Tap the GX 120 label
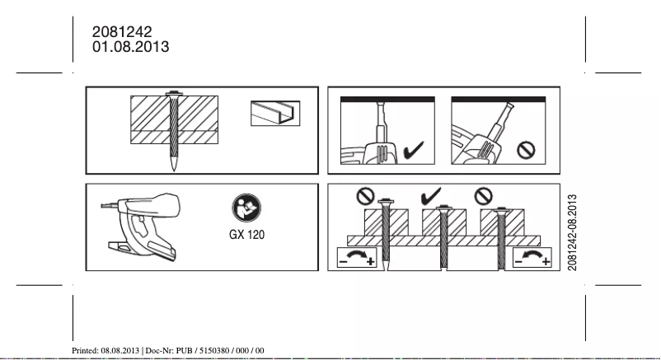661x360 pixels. click(247, 233)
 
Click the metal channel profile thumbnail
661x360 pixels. click(275, 113)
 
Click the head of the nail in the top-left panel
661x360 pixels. click(176, 93)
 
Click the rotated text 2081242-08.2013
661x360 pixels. click(572, 230)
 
